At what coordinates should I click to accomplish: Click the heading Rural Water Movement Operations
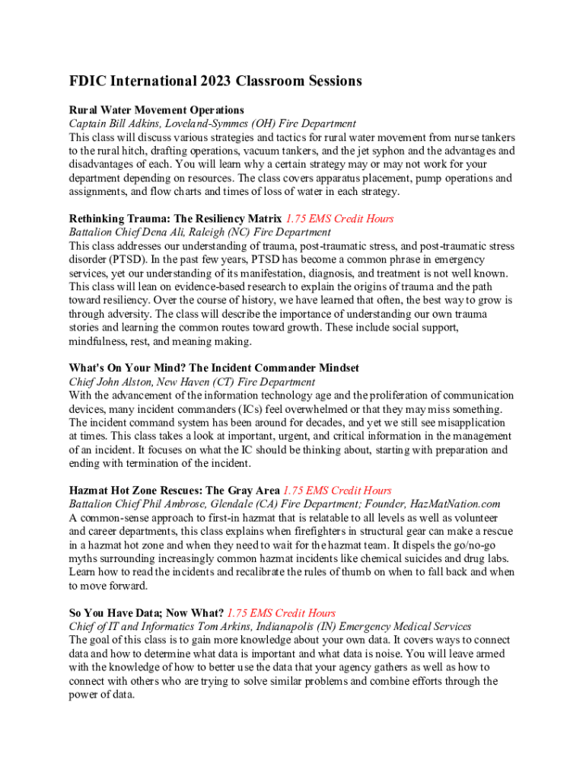click(x=156, y=110)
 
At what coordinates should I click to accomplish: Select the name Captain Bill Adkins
click(x=113, y=123)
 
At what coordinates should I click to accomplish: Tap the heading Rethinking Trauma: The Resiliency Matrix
click(x=175, y=219)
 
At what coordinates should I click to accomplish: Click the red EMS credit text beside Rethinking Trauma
click(x=339, y=219)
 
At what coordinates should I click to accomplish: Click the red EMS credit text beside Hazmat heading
click(x=337, y=491)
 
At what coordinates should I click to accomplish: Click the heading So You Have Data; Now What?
click(x=146, y=613)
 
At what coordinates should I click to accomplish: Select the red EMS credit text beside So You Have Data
click(x=281, y=613)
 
